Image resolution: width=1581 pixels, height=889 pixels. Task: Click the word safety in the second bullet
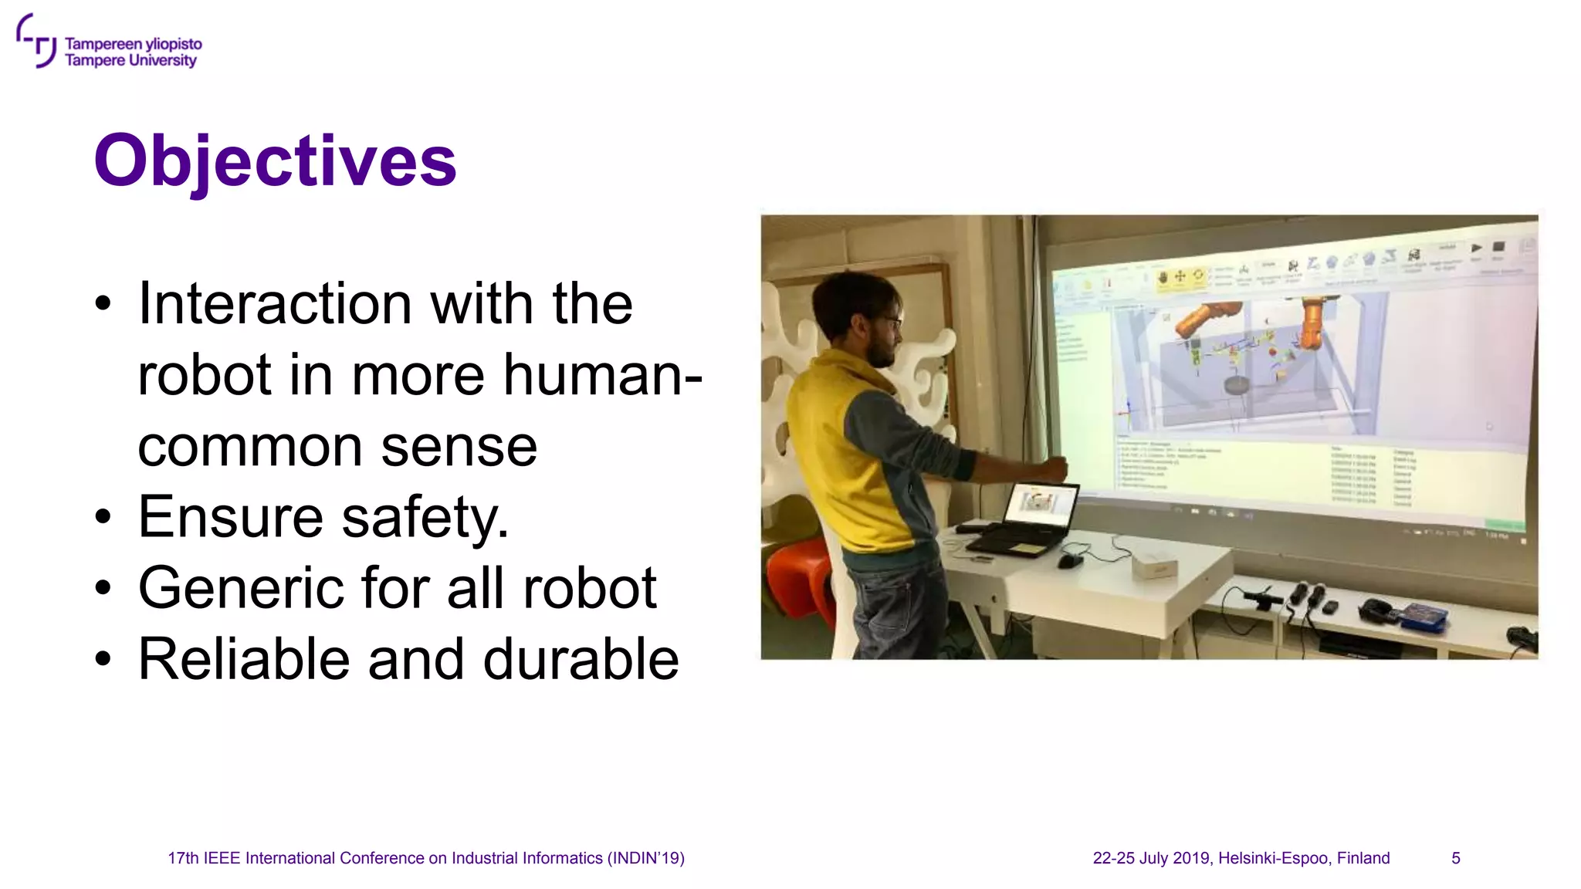[425, 517]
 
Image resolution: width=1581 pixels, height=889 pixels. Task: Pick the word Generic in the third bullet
[240, 588]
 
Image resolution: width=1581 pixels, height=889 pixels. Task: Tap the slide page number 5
[1455, 858]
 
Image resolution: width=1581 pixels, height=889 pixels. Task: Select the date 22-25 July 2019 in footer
[1151, 858]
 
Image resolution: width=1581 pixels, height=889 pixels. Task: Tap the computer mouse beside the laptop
[1069, 560]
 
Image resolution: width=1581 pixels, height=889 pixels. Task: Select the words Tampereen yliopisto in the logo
[133, 44]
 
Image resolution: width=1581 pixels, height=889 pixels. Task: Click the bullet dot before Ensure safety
[103, 518]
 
